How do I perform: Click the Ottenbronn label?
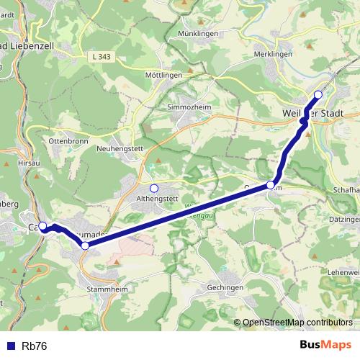pos(68,141)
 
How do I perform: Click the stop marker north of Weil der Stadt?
pos(318,94)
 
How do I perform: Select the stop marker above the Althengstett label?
pos(153,188)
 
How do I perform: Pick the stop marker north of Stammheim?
pos(85,246)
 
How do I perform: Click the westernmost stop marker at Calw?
pos(42,226)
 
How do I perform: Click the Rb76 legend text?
pos(35,346)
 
